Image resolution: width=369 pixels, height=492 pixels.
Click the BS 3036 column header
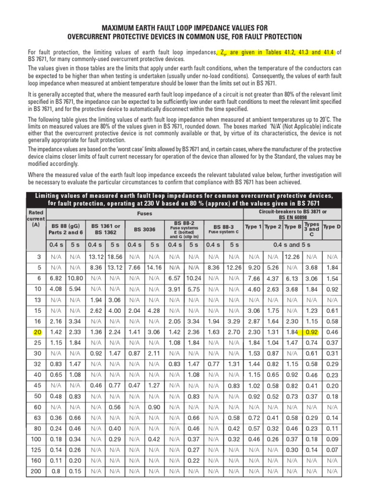(145, 230)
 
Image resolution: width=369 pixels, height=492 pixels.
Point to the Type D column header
(332, 226)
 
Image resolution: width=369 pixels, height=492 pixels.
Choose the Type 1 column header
(253, 226)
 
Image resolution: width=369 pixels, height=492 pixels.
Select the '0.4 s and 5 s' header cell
(292, 245)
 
